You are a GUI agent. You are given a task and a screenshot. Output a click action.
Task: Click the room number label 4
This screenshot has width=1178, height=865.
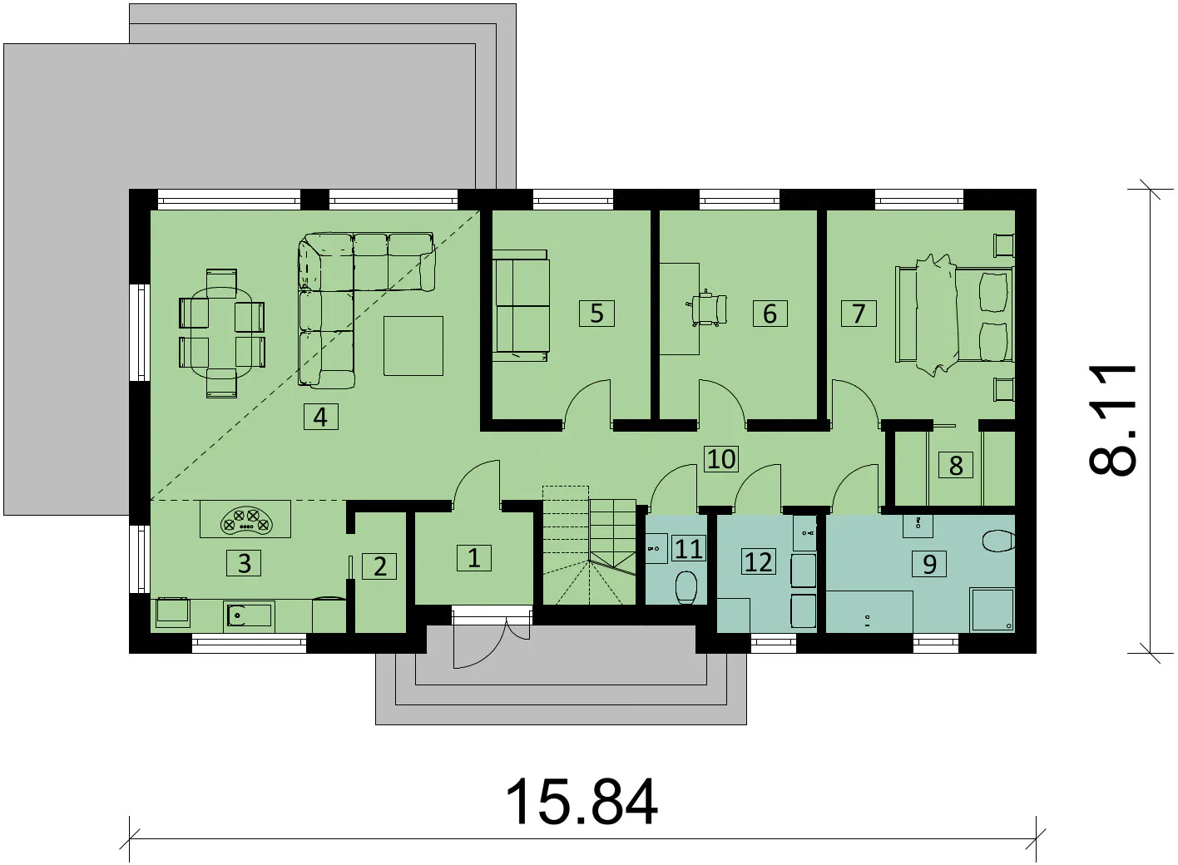[321, 417]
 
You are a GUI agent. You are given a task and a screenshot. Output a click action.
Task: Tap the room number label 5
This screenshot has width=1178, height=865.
[596, 314]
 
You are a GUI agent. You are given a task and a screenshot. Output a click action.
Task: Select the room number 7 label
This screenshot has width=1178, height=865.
[859, 314]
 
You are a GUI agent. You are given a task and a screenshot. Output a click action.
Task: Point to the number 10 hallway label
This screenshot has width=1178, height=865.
[721, 459]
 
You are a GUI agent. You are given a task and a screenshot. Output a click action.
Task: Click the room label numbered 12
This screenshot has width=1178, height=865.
[759, 561]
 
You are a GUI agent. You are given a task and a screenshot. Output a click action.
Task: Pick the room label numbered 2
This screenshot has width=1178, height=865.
[379, 566]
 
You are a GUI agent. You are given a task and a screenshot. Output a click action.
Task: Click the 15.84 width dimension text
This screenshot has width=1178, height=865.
[582, 803]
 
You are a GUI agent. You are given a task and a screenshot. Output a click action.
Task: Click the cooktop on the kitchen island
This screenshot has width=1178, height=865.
[245, 518]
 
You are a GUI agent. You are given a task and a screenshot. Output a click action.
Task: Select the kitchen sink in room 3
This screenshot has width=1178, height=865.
[248, 615]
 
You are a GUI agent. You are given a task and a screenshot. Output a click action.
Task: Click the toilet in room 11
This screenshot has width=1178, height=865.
[686, 587]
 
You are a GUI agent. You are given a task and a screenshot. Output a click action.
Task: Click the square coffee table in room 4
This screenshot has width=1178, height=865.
[413, 345]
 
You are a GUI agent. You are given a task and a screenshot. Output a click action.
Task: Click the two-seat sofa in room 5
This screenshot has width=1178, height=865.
[521, 305]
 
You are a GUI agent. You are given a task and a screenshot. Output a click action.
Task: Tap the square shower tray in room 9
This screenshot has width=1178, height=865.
[992, 610]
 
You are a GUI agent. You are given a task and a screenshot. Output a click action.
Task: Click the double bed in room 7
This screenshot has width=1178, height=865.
[954, 314]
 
